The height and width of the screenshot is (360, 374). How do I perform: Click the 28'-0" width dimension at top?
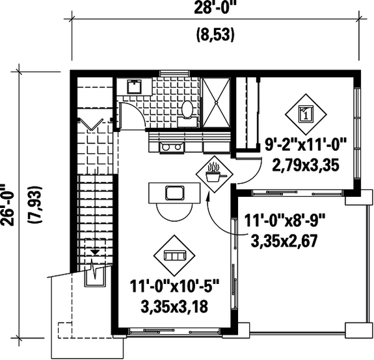pos(214,9)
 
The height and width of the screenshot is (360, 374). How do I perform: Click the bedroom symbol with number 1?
pos(304,115)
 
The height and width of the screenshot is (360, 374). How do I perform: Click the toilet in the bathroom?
pos(187,110)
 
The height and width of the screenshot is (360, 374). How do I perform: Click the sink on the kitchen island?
pos(174,192)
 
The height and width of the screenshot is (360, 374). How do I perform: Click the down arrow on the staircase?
pos(96,250)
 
